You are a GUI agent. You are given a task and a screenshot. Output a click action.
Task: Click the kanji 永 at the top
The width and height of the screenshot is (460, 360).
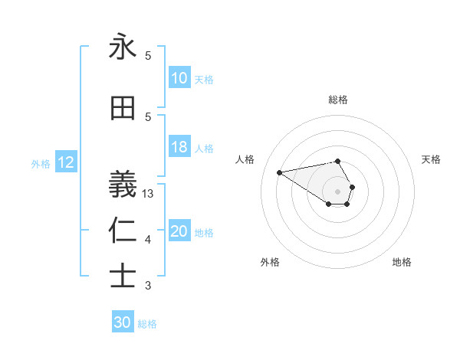123,47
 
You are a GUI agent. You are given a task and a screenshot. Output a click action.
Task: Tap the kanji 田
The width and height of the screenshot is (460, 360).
123,109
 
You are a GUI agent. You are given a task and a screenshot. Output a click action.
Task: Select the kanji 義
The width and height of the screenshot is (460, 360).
123,185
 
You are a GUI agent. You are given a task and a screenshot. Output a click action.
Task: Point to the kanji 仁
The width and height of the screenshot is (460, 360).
123,231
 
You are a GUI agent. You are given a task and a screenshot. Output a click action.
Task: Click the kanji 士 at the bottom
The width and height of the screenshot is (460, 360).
123,276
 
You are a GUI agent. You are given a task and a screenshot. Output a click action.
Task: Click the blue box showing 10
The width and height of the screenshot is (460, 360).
179,78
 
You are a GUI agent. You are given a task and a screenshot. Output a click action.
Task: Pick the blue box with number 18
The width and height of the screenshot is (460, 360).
179,148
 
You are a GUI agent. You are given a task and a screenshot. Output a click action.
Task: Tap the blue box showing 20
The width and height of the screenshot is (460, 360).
179,232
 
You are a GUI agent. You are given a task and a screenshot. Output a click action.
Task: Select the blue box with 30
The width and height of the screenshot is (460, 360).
123,322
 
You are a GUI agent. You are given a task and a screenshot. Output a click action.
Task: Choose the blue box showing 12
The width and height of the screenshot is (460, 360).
66,162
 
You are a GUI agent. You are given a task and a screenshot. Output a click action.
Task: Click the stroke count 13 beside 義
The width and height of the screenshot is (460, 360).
149,194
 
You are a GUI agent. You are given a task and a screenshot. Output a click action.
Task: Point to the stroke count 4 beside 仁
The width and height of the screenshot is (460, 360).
148,241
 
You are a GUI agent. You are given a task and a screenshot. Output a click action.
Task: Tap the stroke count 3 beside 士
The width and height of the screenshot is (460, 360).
148,286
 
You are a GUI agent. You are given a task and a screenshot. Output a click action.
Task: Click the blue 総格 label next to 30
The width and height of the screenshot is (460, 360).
147,324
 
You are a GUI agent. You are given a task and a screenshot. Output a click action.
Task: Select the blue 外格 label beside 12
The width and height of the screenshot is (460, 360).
40,164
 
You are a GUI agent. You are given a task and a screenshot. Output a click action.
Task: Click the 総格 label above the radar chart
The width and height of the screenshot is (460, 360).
338,100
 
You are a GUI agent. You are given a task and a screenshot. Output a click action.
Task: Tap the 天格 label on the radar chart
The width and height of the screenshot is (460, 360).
431,159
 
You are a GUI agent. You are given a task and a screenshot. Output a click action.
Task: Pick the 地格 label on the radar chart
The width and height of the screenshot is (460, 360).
402,262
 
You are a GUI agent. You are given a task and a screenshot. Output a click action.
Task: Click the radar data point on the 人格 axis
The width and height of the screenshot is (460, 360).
279,172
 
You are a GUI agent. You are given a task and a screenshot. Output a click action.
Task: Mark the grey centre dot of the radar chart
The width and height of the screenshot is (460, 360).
338,191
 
